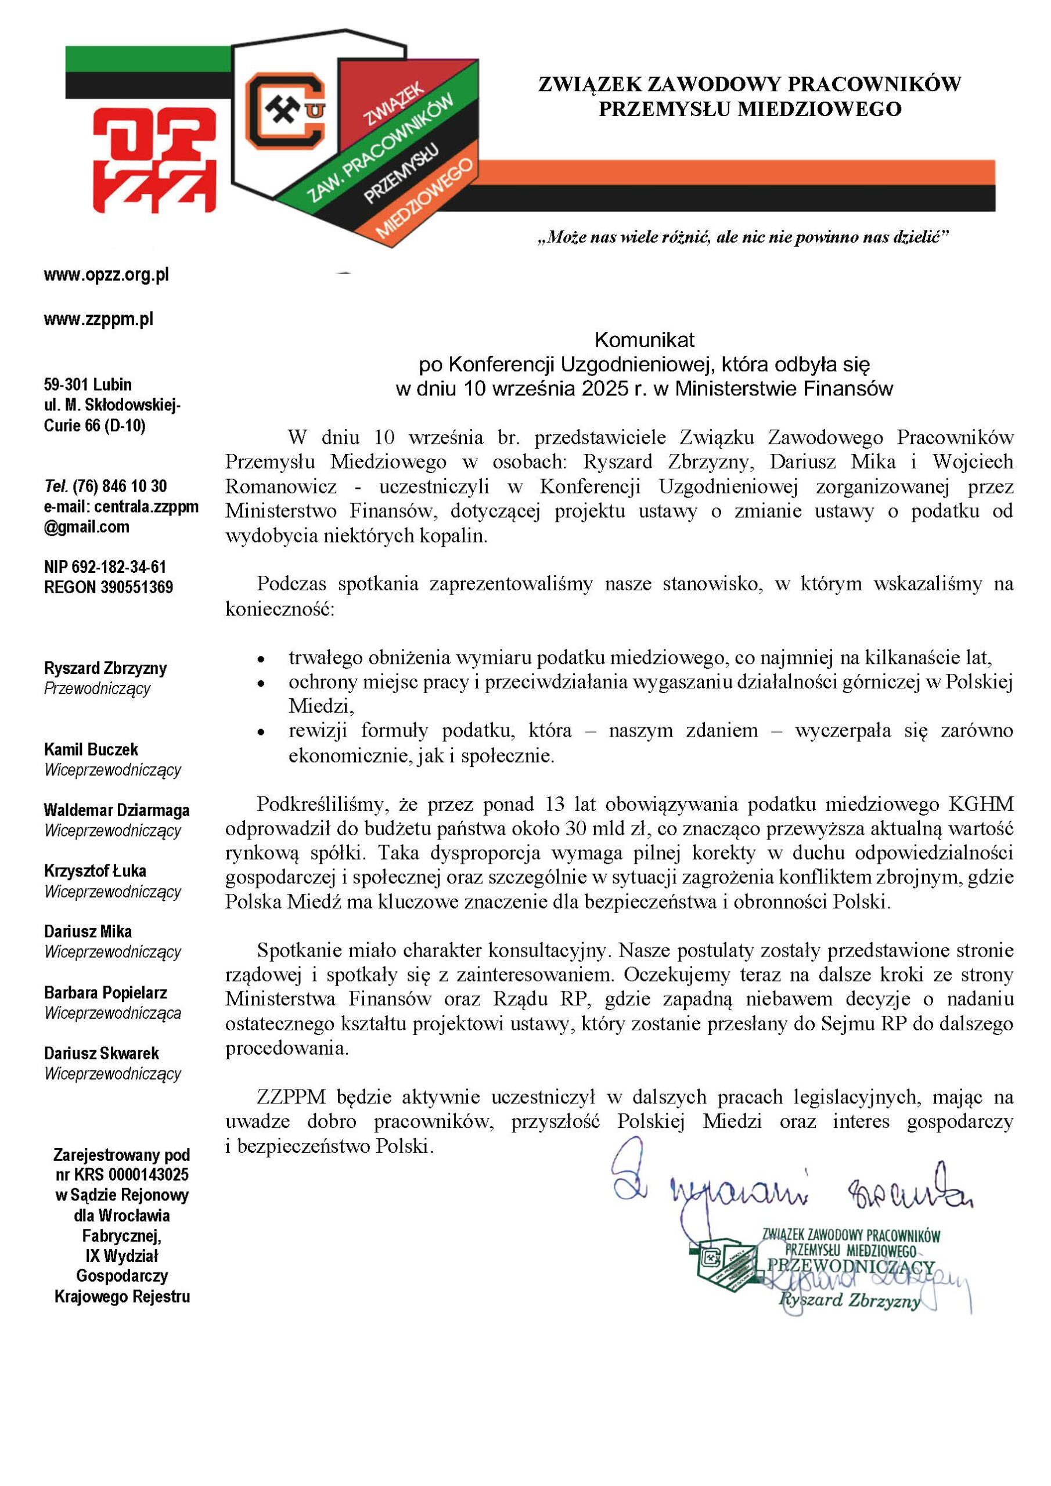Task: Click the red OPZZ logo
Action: (x=154, y=159)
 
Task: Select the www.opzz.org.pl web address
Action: (x=106, y=275)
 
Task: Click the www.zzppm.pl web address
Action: (x=99, y=319)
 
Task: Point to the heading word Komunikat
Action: (x=644, y=340)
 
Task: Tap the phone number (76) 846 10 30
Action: (x=120, y=486)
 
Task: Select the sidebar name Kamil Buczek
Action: (x=91, y=749)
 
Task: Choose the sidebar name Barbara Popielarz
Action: (x=106, y=993)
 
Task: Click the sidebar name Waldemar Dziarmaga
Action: (x=117, y=810)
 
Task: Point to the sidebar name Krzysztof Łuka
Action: (x=95, y=871)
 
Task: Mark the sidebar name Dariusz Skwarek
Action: (x=102, y=1054)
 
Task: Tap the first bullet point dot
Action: (x=260, y=659)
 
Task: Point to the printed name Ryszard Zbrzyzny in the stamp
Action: (x=849, y=1300)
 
